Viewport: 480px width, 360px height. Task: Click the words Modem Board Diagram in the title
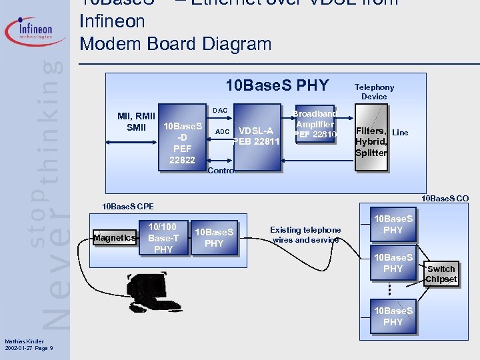[x=175, y=44]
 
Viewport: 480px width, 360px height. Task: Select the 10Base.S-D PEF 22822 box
[x=182, y=142]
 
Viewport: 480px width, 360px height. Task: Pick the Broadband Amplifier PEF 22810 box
[x=316, y=124]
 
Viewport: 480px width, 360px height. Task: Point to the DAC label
[x=220, y=110]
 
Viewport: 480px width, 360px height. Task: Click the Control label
[x=221, y=171]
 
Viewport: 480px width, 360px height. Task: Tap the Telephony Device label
[x=374, y=92]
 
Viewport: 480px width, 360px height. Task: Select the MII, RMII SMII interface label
[x=136, y=122]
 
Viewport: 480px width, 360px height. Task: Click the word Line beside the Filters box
[x=400, y=133]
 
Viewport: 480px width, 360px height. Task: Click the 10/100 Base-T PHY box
[x=163, y=238]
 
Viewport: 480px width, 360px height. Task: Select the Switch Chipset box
[x=441, y=274]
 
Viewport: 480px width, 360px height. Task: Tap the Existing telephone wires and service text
[x=306, y=235]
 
